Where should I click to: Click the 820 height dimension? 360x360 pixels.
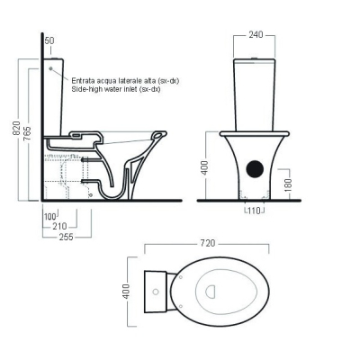coord(16,128)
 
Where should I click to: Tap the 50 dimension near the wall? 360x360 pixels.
coord(49,40)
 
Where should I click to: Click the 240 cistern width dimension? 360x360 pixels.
coord(256,35)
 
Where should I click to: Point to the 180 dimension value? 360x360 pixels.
coord(288,184)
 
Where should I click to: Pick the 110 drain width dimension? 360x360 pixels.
coord(255,211)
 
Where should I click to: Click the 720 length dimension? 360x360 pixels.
coord(208,243)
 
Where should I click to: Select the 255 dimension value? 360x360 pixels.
coord(66,237)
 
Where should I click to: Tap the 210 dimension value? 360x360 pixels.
coord(59,226)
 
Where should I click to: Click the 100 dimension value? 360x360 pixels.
coord(50,216)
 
